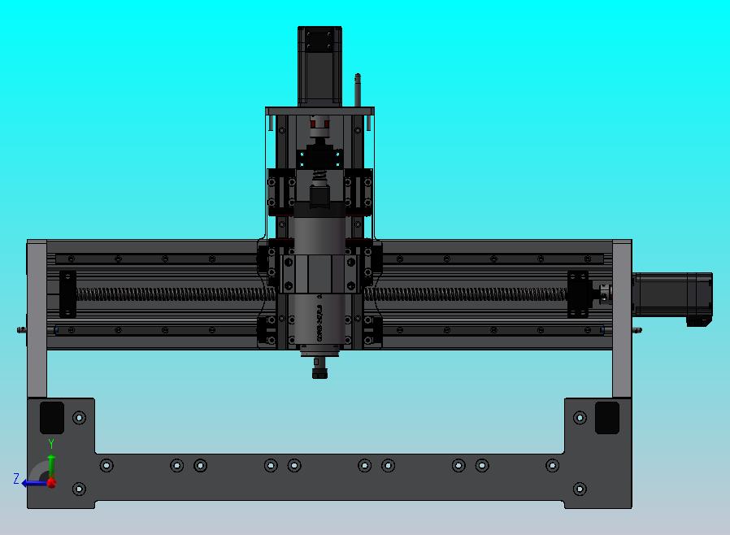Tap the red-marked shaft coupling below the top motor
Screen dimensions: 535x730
tap(318, 125)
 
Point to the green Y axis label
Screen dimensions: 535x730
tap(51, 444)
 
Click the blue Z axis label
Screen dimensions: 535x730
tap(15, 479)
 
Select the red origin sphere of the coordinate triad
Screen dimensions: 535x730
tap(51, 482)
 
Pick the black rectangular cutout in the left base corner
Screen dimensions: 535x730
tap(52, 417)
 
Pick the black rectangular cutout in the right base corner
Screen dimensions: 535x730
tap(606, 417)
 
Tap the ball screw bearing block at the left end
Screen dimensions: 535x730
tap(67, 294)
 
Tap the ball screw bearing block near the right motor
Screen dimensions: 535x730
tap(578, 294)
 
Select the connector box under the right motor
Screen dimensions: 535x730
tap(698, 320)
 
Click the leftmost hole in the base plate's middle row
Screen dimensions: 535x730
tap(106, 465)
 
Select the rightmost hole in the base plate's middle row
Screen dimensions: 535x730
tap(552, 465)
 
